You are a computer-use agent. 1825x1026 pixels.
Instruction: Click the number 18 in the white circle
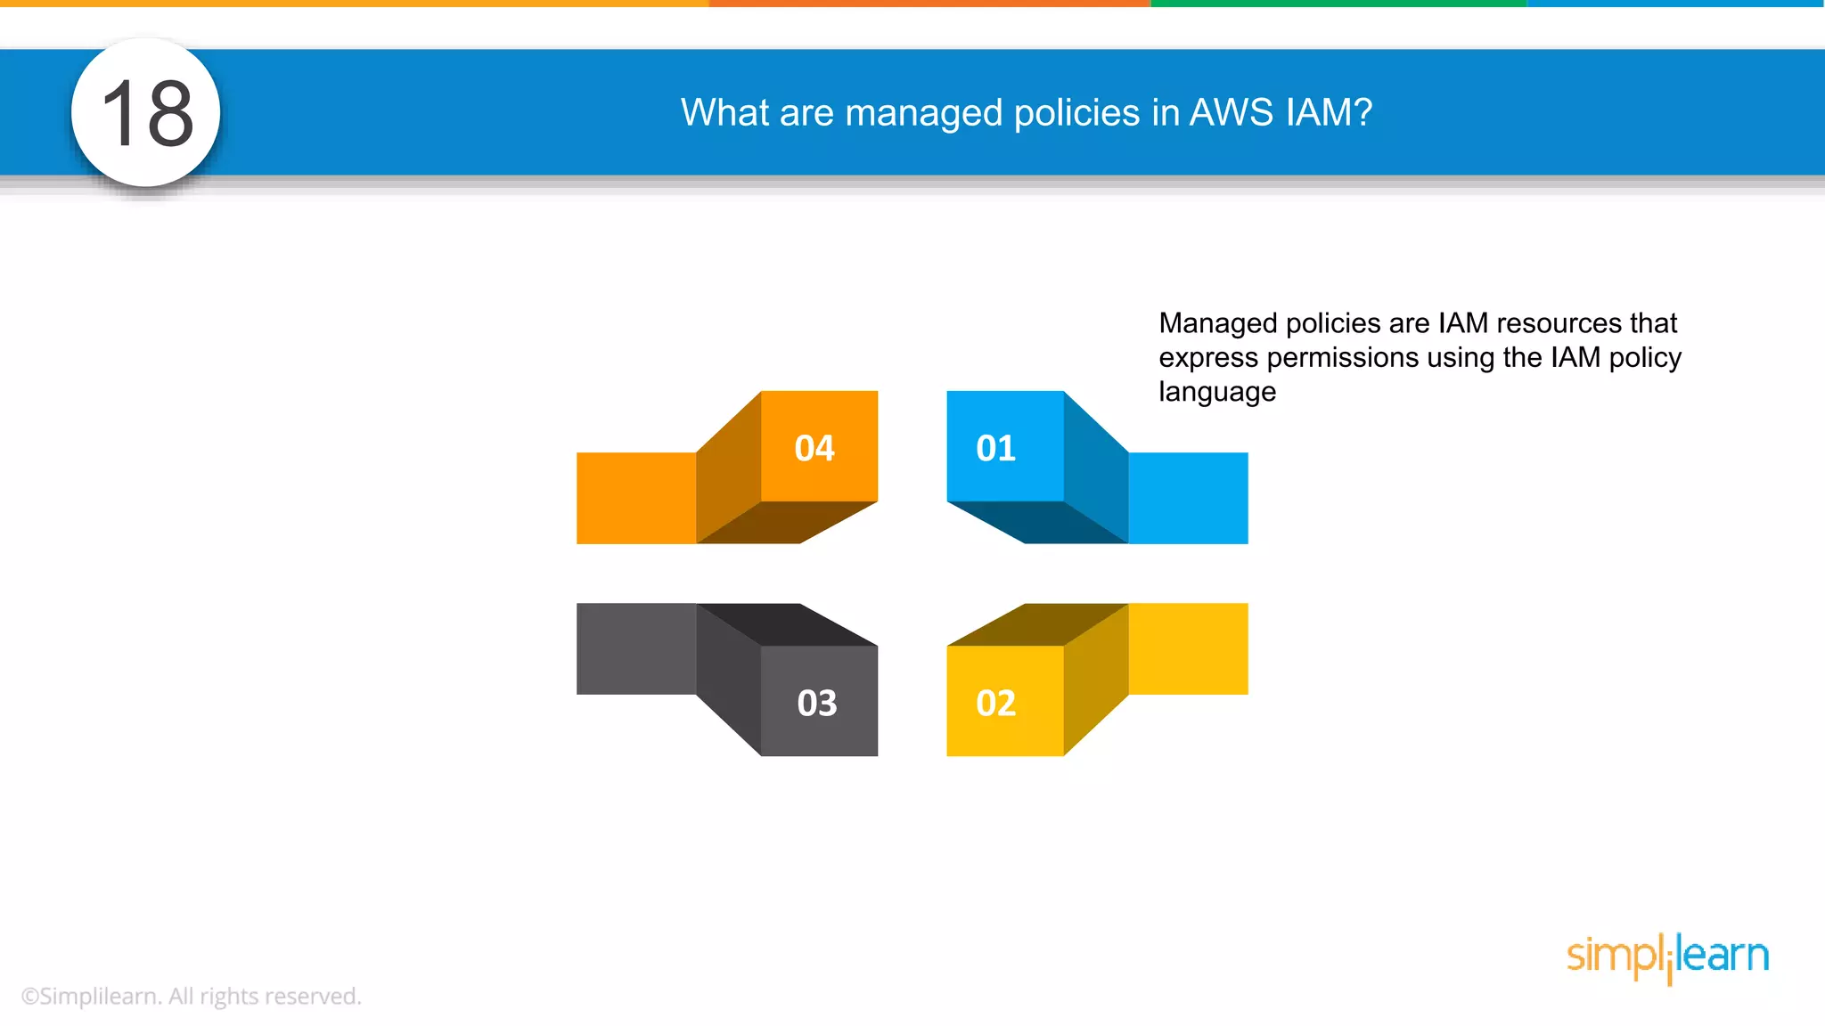point(147,113)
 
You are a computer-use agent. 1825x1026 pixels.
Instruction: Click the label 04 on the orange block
point(814,448)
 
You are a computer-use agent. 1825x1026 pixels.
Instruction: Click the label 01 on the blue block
point(995,448)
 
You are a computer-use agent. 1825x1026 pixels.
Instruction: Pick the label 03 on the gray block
point(817,703)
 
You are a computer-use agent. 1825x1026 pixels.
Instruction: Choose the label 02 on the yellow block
point(995,703)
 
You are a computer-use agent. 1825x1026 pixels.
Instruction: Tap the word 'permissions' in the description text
point(1342,357)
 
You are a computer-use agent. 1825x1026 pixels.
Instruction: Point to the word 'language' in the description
point(1217,392)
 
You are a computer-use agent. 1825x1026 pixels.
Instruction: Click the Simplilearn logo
point(1667,957)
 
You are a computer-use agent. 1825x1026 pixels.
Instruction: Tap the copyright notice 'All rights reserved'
point(265,996)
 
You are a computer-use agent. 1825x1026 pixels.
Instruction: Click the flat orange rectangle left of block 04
point(635,498)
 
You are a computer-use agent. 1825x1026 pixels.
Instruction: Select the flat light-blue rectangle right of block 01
point(1188,498)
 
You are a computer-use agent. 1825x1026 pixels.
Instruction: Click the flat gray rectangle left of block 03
point(635,648)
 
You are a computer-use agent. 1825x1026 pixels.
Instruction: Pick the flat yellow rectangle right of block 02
point(1188,648)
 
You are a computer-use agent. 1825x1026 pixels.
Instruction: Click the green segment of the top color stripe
point(1337,4)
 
